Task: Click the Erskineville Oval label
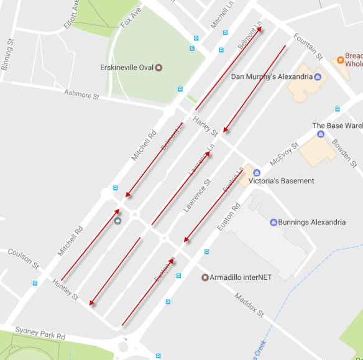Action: click(x=126, y=67)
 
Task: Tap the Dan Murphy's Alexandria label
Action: click(x=271, y=77)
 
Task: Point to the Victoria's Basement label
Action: click(x=281, y=181)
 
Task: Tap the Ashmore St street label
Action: click(x=81, y=95)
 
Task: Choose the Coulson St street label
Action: click(x=23, y=256)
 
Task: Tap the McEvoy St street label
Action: click(x=284, y=154)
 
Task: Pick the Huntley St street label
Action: click(x=65, y=289)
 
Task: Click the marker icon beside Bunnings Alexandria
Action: click(x=273, y=222)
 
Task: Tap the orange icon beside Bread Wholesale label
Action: click(x=340, y=60)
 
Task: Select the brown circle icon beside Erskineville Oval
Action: click(x=159, y=67)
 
